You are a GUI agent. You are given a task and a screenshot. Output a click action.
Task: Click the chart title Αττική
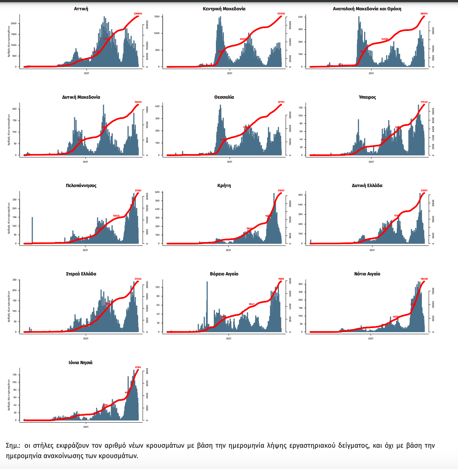81,9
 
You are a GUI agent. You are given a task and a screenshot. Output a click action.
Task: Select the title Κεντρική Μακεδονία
224,9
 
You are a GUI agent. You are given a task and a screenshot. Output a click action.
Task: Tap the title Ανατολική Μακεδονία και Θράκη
367,9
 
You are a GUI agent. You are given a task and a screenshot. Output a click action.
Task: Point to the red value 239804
138,14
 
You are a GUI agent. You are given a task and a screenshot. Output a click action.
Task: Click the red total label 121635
281,14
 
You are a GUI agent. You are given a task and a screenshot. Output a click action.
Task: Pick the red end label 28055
424,14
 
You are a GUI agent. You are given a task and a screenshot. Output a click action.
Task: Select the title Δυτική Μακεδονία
81,97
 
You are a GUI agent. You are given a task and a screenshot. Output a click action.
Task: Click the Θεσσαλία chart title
224,97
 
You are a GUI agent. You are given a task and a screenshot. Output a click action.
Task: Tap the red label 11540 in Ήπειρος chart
424,102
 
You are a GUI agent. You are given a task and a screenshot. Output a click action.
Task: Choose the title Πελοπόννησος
81,186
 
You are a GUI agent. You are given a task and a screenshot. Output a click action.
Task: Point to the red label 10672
116,216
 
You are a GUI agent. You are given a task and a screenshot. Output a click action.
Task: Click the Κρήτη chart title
224,186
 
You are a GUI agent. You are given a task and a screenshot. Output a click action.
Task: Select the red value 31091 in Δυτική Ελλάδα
424,190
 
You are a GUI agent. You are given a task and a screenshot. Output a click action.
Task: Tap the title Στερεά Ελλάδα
81,274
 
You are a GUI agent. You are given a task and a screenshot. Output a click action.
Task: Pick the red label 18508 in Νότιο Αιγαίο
424,279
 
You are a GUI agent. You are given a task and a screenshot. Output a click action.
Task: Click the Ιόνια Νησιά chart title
80,363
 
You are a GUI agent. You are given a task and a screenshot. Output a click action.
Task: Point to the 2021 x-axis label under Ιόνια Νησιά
86,427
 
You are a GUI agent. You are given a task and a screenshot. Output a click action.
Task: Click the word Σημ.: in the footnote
13,446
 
